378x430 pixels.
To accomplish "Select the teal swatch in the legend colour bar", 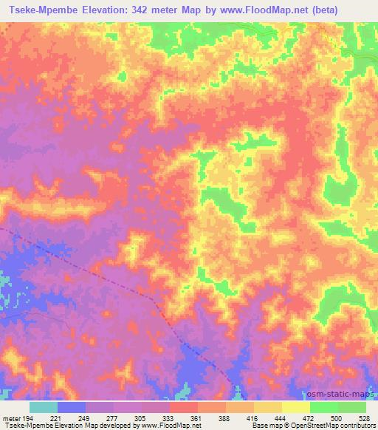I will pos(44,407).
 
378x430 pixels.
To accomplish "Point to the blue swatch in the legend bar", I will pos(72,407).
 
